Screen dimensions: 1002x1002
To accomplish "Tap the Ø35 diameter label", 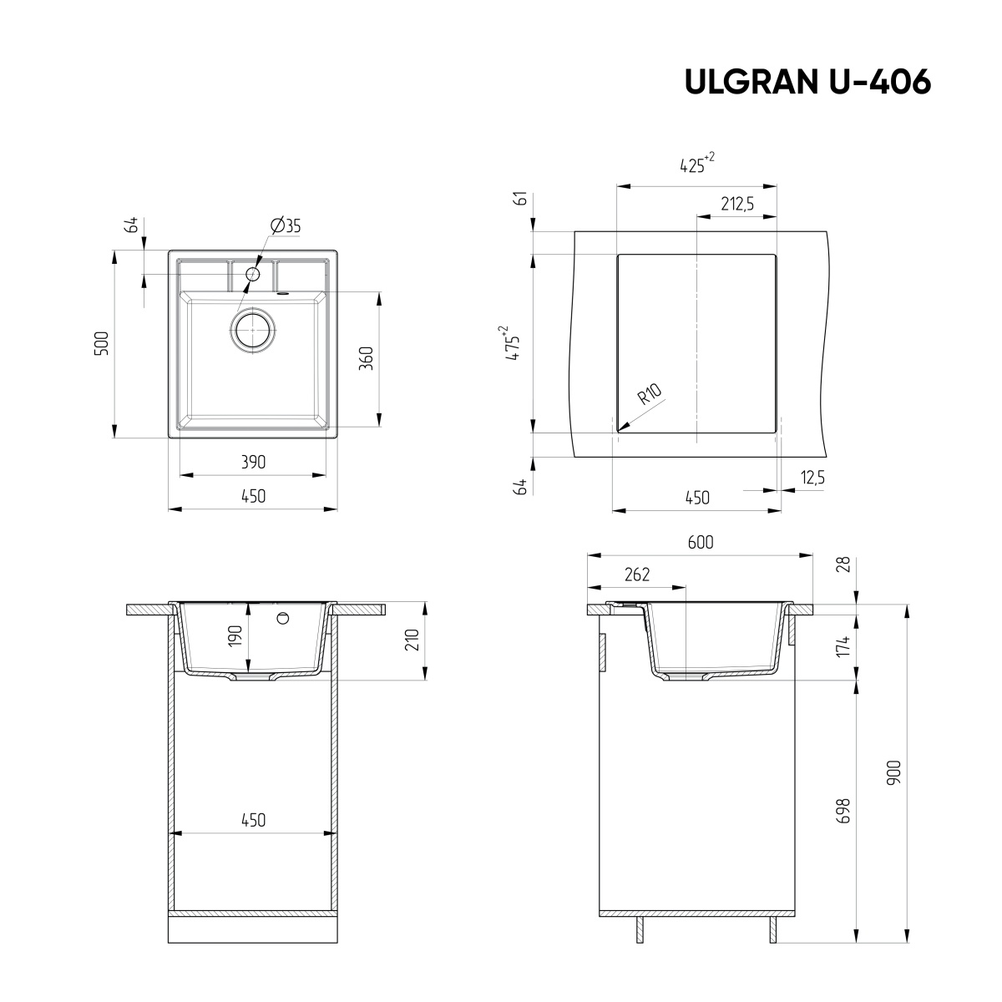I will click(x=286, y=225).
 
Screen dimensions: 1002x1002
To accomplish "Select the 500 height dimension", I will click(x=101, y=344).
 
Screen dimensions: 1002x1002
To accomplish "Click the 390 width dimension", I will click(x=253, y=462).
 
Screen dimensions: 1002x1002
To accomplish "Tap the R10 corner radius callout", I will click(x=650, y=393).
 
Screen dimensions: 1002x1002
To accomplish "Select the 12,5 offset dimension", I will click(x=812, y=477).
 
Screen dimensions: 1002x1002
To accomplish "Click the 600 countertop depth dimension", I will click(x=701, y=542).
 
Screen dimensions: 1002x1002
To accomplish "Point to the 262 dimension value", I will click(x=636, y=574).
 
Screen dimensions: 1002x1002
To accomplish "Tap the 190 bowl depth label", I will click(x=235, y=635).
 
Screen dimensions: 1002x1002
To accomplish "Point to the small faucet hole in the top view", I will click(x=253, y=274).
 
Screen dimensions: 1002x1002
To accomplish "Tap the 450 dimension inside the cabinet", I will click(x=253, y=820).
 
